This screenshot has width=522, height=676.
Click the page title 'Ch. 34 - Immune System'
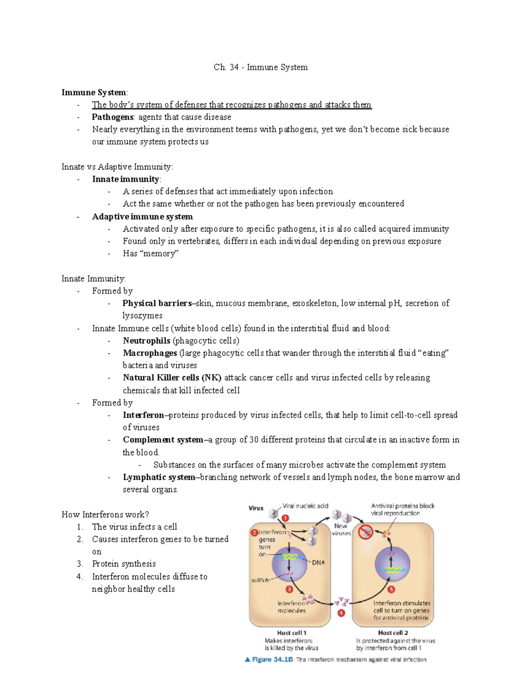tap(261, 67)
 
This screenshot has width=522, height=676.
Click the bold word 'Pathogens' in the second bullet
tap(112, 117)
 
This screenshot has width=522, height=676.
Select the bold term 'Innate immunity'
tap(126, 179)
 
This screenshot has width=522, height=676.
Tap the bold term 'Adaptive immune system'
tap(142, 216)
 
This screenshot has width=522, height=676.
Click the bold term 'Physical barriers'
tap(157, 303)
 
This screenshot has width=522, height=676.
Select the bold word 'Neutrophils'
tap(146, 340)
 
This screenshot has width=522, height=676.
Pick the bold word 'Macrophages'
tap(150, 353)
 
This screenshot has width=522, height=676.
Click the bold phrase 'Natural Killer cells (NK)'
tap(172, 377)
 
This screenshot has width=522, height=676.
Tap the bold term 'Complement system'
tap(163, 440)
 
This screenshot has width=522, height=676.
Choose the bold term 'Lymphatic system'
tap(159, 477)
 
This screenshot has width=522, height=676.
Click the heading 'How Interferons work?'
tap(105, 515)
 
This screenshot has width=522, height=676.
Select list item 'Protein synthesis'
tap(124, 564)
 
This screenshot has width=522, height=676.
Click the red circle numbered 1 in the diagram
tap(285, 518)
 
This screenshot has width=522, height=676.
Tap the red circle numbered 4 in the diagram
tap(341, 613)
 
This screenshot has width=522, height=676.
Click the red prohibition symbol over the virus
tap(365, 531)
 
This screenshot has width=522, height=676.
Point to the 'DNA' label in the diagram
tap(318, 562)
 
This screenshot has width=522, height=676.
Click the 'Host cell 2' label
tap(393, 632)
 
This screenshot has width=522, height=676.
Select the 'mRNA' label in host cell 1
tap(260, 580)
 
